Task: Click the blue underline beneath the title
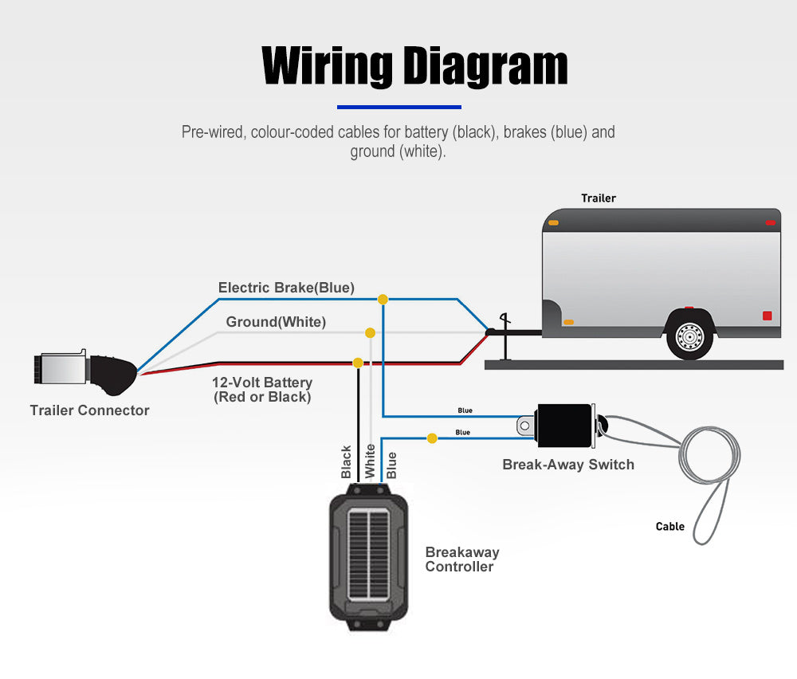click(399, 106)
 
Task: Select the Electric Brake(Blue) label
click(286, 288)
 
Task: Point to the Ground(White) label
click(276, 322)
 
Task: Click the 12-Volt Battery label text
click(262, 390)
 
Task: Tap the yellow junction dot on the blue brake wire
click(383, 300)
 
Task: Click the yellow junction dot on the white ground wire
click(370, 332)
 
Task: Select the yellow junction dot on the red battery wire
click(358, 363)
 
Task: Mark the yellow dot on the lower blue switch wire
click(432, 438)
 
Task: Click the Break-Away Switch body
click(564, 425)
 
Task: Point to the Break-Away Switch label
click(568, 465)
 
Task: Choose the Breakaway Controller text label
click(461, 559)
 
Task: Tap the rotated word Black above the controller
click(346, 462)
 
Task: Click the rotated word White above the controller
click(370, 461)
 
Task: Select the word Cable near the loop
click(670, 526)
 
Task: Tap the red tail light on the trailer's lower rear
click(767, 316)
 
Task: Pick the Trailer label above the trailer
click(599, 198)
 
